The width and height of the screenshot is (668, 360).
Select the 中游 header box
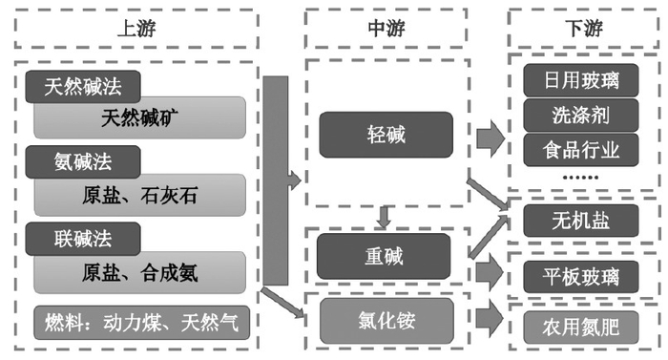pos(385,28)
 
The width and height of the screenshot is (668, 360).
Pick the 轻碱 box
pos(385,135)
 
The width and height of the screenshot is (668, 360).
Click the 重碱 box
pos(385,255)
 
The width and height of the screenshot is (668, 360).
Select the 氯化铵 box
pos(385,314)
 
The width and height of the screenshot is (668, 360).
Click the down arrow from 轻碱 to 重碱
pos(385,217)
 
